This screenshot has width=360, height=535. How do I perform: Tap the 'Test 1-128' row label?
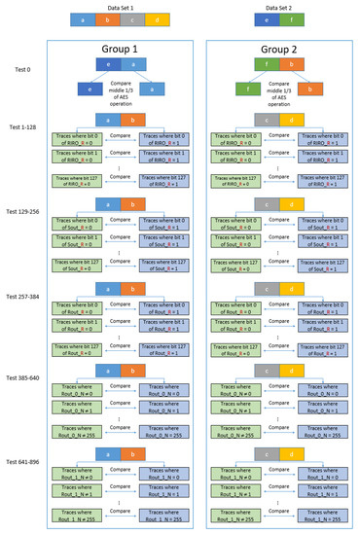click(x=21, y=127)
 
